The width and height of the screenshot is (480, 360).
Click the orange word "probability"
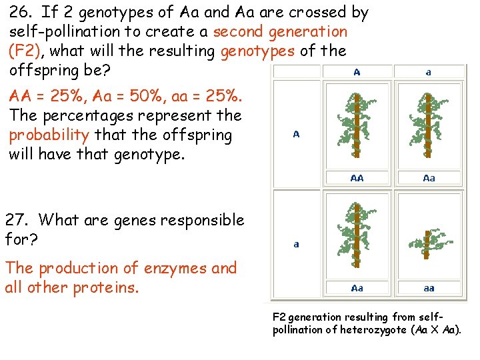click(x=49, y=135)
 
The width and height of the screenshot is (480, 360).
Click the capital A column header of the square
click(x=357, y=73)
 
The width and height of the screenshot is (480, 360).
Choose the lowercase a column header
click(x=429, y=73)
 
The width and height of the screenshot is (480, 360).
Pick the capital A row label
click(x=296, y=135)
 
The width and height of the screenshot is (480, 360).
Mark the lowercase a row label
click(x=296, y=245)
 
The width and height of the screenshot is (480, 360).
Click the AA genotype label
click(x=357, y=178)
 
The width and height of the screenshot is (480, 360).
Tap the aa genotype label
click(x=429, y=289)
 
